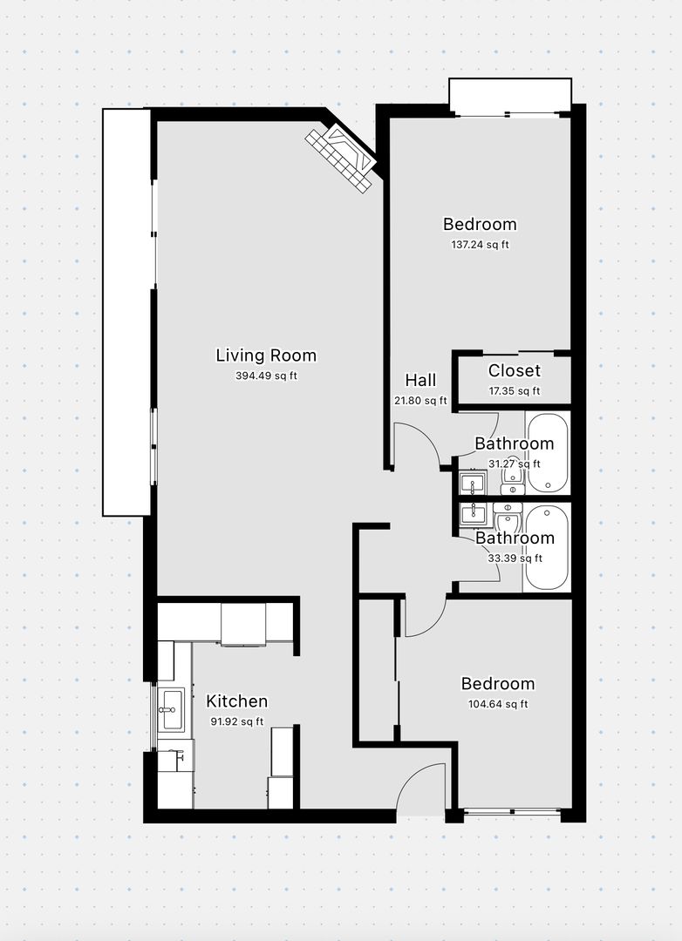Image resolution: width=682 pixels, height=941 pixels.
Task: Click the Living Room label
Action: (x=266, y=355)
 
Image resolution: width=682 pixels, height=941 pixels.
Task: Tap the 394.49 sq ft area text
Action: (x=266, y=376)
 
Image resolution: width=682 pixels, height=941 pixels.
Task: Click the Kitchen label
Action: (x=236, y=701)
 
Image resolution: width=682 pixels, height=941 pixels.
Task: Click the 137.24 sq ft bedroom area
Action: (x=481, y=245)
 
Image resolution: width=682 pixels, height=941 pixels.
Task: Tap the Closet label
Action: (x=515, y=371)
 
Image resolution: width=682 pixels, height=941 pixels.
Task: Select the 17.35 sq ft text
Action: (x=515, y=391)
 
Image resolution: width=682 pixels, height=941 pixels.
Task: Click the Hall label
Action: (x=420, y=380)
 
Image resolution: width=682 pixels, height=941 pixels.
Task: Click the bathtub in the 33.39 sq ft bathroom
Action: (x=547, y=548)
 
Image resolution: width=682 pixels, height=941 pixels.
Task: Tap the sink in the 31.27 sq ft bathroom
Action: (x=473, y=484)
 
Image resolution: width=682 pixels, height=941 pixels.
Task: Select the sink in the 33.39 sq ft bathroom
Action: (x=473, y=514)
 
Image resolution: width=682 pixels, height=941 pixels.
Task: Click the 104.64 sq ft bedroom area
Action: (x=498, y=704)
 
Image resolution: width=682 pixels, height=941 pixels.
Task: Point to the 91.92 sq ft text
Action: (x=236, y=722)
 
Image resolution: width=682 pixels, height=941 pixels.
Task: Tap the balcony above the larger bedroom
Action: (x=510, y=95)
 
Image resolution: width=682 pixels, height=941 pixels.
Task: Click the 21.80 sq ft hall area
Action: (x=420, y=401)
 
